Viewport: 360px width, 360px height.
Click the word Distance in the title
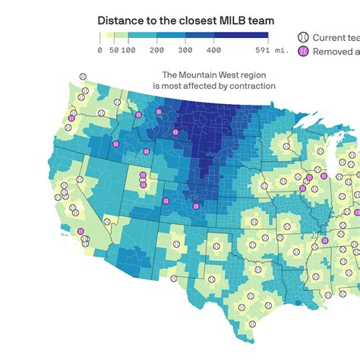click(x=123, y=21)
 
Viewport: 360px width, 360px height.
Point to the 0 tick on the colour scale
click(x=100, y=49)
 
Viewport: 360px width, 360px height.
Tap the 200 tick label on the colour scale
click(x=157, y=49)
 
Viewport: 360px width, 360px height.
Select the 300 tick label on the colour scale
click(x=185, y=49)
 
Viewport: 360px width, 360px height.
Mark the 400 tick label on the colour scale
click(x=213, y=49)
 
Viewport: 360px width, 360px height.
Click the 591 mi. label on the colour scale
click(x=261, y=49)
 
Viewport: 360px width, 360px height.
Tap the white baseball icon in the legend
click(x=304, y=37)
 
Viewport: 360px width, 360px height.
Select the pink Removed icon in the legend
click(x=304, y=51)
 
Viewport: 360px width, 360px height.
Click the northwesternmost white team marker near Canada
click(x=83, y=77)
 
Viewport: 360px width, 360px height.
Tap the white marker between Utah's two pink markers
click(x=143, y=179)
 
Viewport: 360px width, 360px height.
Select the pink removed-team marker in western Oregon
click(x=71, y=118)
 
